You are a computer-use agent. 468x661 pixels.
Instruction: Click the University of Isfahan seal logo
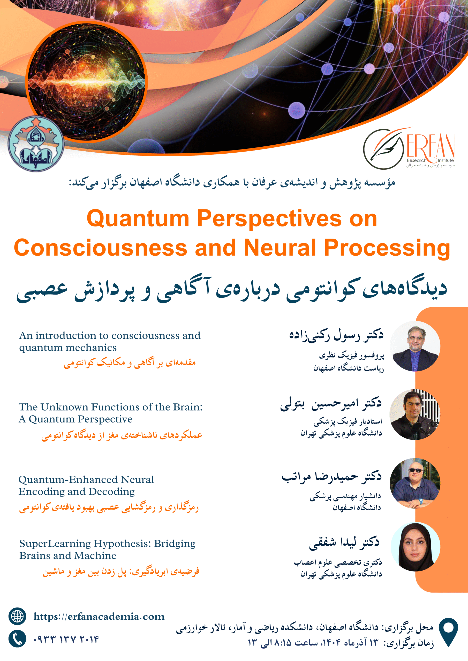(36, 144)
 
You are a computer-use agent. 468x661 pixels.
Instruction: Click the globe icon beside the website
(17, 616)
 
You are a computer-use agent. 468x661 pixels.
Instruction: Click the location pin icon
(448, 632)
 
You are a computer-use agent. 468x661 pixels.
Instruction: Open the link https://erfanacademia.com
(99, 617)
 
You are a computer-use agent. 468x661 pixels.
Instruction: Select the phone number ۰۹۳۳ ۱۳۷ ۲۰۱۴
(66, 639)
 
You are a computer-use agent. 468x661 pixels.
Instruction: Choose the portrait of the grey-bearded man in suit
(415, 346)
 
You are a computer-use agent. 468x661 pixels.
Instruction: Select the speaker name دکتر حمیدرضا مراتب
(332, 476)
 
